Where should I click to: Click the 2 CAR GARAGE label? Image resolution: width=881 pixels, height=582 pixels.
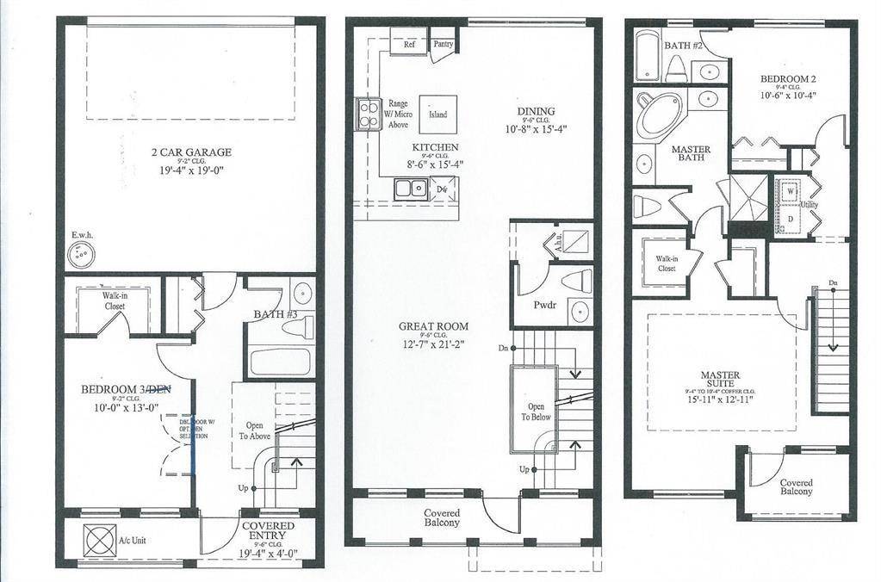pos(189,152)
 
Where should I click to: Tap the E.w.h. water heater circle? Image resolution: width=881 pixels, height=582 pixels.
pos(82,256)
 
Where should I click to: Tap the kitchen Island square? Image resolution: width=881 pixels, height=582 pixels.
pos(438,115)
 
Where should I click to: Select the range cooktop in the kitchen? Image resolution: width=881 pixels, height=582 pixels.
pos(368,114)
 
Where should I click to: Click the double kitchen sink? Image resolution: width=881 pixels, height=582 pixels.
pos(411,188)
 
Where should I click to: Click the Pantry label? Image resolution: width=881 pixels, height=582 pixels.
pos(444,43)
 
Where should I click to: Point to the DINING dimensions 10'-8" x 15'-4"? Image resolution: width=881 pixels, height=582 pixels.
pos(537,128)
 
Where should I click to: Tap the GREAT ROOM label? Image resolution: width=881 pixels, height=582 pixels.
pos(433,326)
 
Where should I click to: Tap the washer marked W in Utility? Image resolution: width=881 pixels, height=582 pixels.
pos(790,190)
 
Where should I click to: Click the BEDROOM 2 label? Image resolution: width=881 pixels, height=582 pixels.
pos(787,79)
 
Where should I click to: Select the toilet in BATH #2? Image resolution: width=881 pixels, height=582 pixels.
pos(676,68)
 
